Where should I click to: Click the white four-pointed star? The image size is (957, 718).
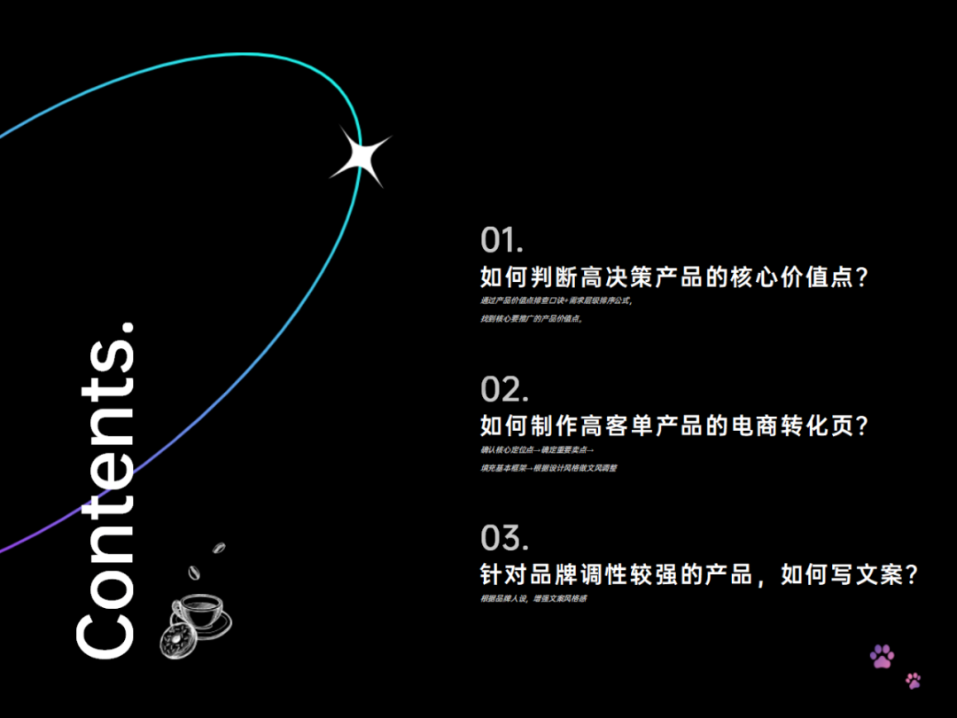pyautogui.click(x=360, y=157)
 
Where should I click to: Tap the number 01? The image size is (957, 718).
pyautogui.click(x=502, y=240)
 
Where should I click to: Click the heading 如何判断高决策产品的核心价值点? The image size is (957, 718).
pyautogui.click(x=673, y=277)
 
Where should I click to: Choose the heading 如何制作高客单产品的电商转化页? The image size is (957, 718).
pyautogui.click(x=673, y=426)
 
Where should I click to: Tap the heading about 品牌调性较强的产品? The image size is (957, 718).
pyautogui.click(x=698, y=575)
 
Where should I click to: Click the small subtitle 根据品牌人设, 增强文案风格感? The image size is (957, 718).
pyautogui.click(x=533, y=599)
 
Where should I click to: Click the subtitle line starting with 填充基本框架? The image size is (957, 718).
pyautogui.click(x=549, y=468)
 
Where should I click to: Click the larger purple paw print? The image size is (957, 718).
pyautogui.click(x=882, y=656)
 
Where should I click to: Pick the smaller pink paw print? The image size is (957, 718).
pyautogui.click(x=913, y=681)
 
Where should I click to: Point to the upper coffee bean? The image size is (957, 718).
pyautogui.click(x=219, y=547)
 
